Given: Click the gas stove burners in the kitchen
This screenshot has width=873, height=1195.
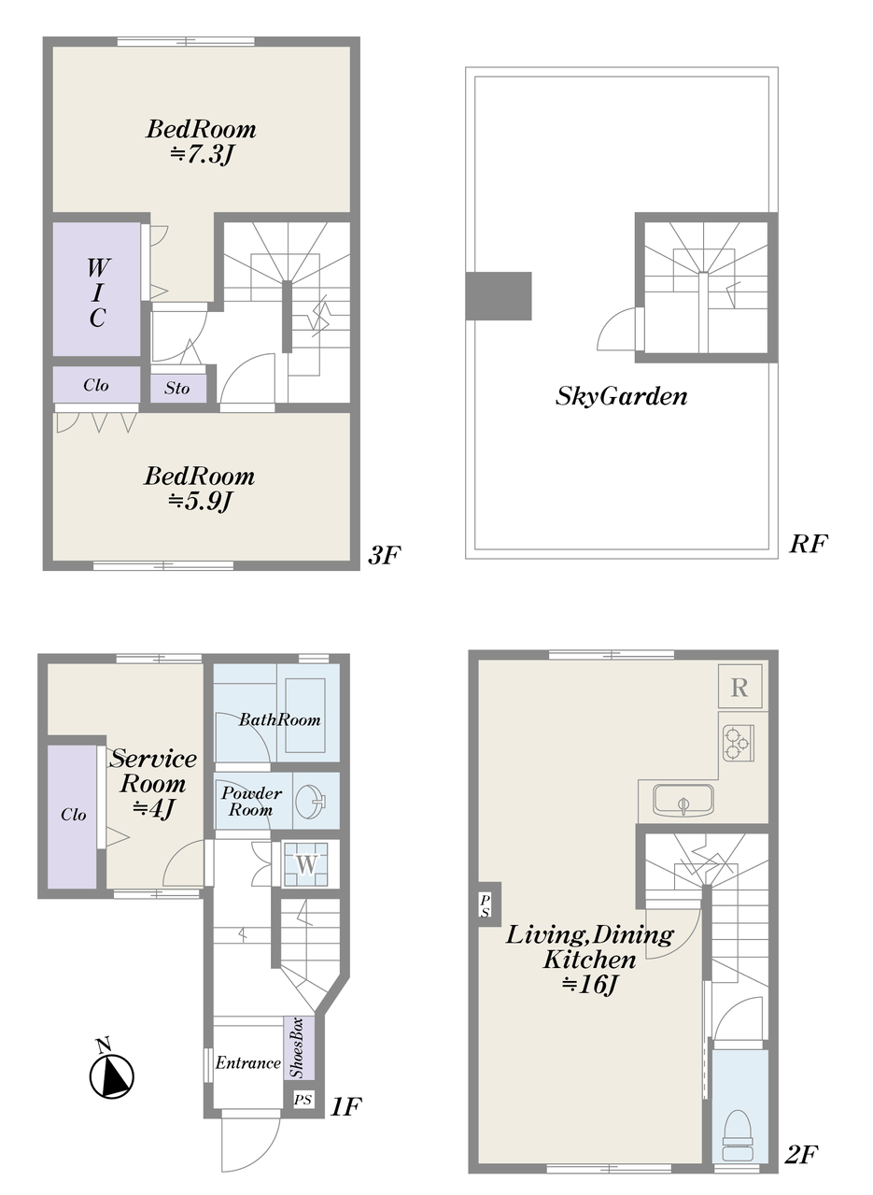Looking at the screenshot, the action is coord(739,743).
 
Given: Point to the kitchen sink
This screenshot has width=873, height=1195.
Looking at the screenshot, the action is coord(683,800).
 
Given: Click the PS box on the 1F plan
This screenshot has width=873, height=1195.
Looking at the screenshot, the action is coord(303,1100).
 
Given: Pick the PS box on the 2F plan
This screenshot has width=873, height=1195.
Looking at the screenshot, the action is coord(485,906).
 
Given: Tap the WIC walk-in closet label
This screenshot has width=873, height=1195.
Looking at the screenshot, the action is coord(97,292).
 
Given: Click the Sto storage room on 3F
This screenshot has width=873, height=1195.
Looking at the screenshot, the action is coord(178,389).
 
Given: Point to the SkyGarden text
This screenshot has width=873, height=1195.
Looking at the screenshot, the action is coord(622,397).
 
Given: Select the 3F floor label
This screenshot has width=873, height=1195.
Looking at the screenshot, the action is coord(385,555).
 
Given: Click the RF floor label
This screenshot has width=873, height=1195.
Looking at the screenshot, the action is coord(809,544).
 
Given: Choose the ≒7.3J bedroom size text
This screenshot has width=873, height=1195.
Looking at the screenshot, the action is coord(203,154).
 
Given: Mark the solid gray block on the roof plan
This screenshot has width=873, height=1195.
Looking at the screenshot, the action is coord(499,296).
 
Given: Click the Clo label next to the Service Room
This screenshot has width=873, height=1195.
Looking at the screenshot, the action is coord(74,814).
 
